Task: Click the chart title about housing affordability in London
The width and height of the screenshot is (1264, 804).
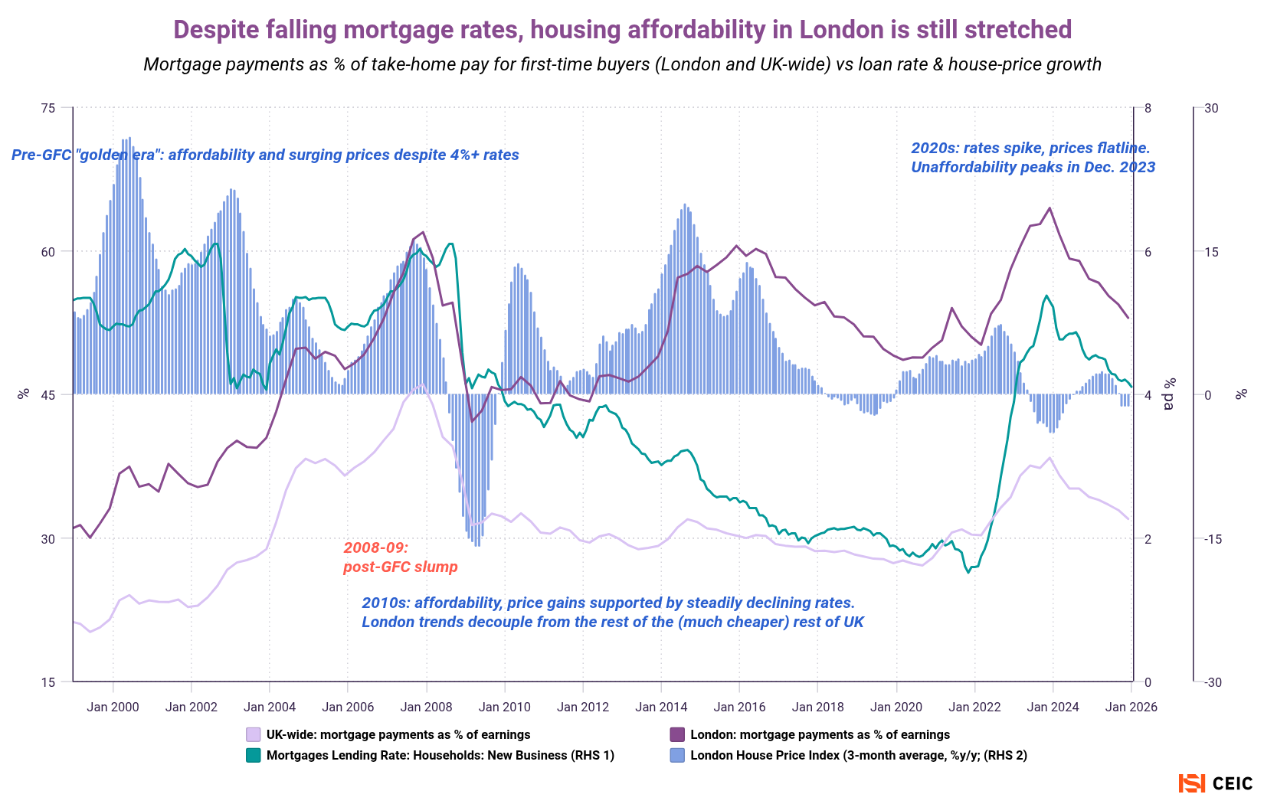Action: click(x=622, y=30)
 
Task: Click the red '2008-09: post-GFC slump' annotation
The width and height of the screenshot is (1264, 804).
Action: click(x=400, y=557)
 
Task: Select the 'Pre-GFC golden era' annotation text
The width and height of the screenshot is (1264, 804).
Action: click(x=265, y=155)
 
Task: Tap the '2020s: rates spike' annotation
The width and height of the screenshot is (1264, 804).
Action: click(x=1032, y=158)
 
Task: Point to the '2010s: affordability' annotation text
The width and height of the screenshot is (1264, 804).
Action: click(x=612, y=613)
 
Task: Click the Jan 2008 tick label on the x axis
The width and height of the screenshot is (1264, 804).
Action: click(x=426, y=707)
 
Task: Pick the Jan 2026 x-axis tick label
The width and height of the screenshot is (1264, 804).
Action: click(x=1131, y=707)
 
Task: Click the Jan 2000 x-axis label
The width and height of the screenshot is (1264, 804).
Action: click(x=113, y=707)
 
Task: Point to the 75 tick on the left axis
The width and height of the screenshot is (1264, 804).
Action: click(x=47, y=108)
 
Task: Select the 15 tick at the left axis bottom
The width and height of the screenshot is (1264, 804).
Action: click(x=47, y=682)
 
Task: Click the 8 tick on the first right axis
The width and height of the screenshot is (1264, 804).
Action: click(x=1148, y=108)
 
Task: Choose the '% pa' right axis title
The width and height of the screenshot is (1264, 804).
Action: click(x=1169, y=394)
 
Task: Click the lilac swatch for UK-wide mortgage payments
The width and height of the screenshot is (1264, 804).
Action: click(x=254, y=735)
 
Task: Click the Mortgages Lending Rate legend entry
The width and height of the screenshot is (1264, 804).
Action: click(x=440, y=756)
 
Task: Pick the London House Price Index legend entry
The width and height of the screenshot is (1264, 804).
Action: click(x=858, y=756)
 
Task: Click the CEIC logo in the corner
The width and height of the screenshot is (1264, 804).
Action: click(x=1216, y=783)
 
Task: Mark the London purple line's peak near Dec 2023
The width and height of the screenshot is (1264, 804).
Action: click(x=1050, y=208)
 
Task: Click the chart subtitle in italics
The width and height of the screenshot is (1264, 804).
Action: click(x=622, y=64)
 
